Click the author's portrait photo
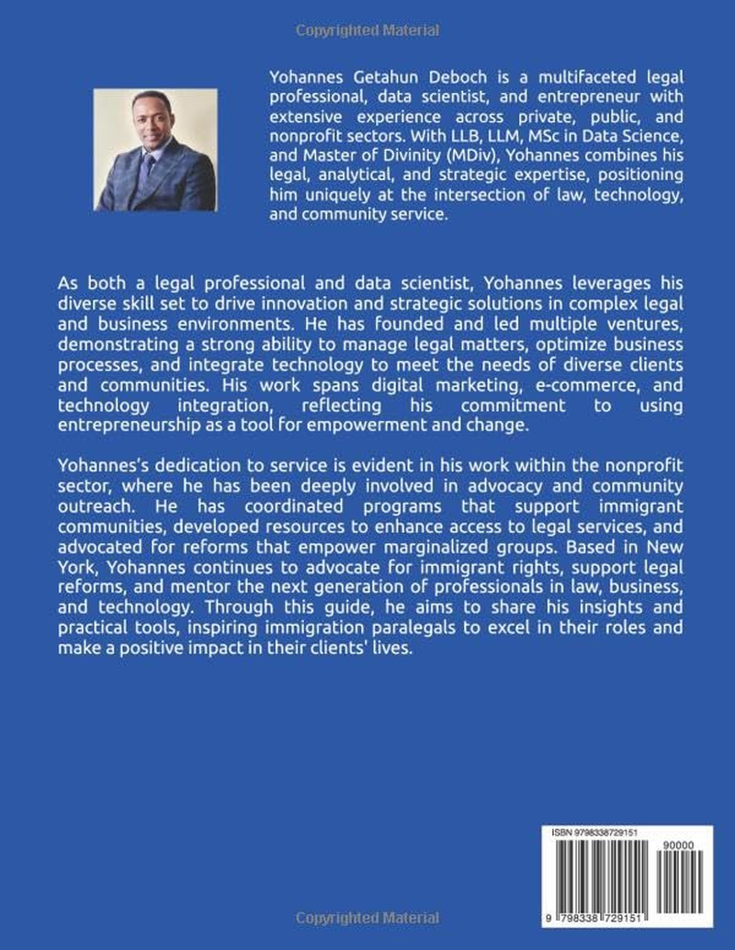coord(155,150)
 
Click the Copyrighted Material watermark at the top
coord(367,31)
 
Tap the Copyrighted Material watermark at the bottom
coord(367,919)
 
